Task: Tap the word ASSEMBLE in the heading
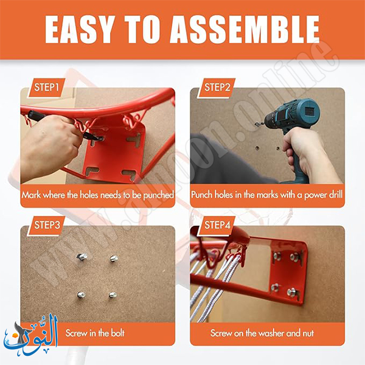point(245,30)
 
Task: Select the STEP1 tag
point(46,88)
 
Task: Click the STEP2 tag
point(217,88)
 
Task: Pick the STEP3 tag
point(46,225)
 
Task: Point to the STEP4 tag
point(217,225)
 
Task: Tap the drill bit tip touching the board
point(256,125)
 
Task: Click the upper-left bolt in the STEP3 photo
point(82,256)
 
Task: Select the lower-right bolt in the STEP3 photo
point(113,295)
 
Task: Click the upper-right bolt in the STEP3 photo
point(114,258)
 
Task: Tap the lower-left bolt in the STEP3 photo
point(81,295)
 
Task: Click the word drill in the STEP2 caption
point(335,195)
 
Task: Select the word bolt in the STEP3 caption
point(117,333)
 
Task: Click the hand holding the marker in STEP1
point(50,147)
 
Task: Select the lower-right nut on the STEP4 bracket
point(291,291)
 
